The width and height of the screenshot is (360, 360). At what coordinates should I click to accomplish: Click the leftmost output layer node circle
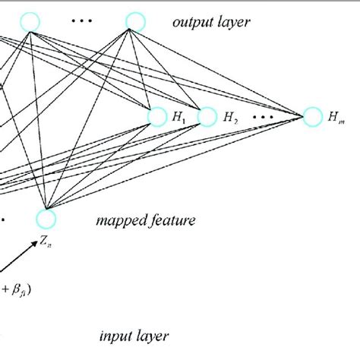30,22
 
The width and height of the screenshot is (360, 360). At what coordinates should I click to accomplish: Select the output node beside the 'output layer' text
134,22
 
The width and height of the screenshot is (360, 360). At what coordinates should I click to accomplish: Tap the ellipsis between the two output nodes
81,21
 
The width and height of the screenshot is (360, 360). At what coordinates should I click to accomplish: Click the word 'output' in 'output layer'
189,23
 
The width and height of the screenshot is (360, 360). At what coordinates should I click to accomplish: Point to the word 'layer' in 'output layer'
231,23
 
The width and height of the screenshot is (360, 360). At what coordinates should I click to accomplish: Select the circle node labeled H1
157,116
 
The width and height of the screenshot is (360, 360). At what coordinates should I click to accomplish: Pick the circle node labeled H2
207,116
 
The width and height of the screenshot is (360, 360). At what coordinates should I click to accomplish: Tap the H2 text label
231,118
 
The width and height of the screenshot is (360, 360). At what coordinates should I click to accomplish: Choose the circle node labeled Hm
312,116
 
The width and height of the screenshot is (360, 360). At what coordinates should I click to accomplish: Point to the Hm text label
335,118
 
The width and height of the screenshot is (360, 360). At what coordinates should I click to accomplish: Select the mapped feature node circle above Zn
46,219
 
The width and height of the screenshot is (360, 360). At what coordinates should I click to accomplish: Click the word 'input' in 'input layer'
115,335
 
